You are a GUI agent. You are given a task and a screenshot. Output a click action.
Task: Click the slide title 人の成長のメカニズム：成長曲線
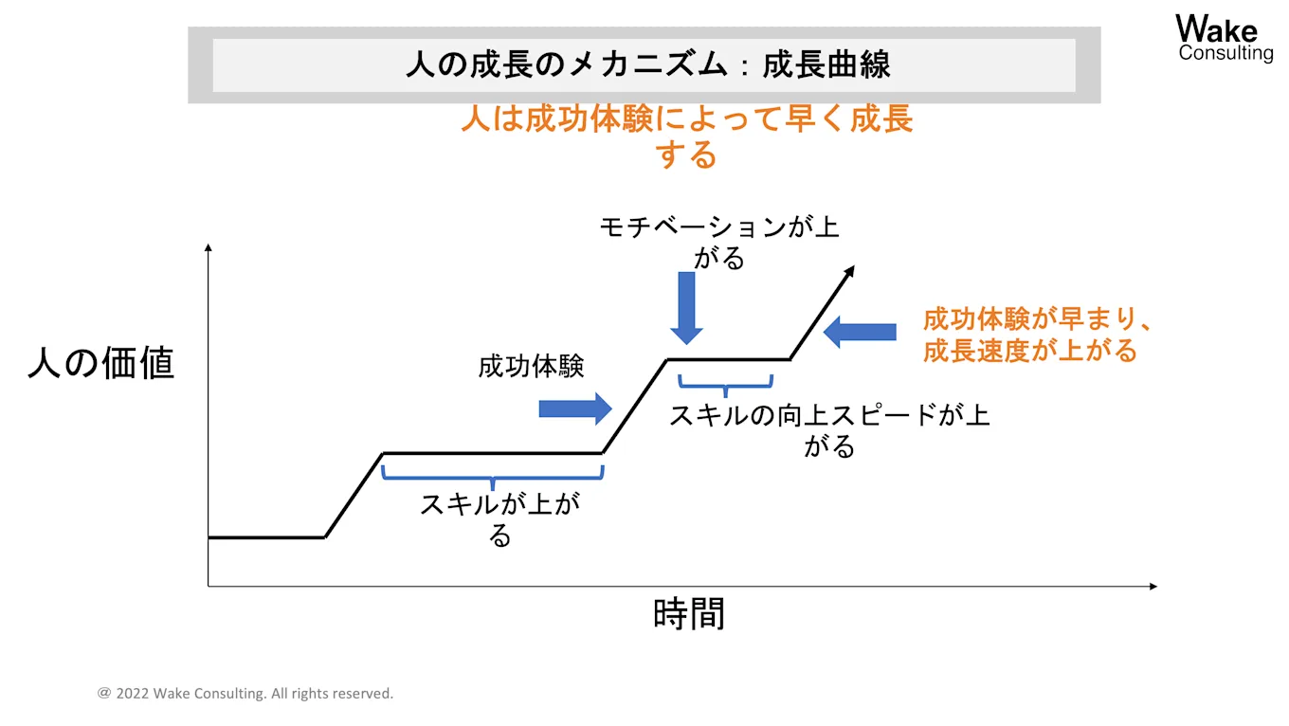[647, 65]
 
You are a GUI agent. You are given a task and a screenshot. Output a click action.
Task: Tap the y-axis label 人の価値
[101, 362]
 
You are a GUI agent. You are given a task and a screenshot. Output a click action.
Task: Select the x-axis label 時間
[689, 614]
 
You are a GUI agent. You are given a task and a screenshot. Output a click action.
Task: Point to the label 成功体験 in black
[531, 367]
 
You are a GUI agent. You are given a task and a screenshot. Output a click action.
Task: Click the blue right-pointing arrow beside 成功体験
[575, 408]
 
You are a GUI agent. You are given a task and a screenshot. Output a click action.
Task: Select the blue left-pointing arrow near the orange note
[860, 332]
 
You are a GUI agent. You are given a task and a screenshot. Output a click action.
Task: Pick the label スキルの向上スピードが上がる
[829, 429]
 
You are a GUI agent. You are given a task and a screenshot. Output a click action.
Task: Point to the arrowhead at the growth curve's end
[850, 271]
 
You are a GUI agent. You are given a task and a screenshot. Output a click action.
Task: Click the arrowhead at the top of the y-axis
[209, 248]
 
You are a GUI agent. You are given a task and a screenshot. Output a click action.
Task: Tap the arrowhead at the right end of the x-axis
[1153, 587]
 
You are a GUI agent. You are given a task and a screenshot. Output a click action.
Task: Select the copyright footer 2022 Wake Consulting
[245, 694]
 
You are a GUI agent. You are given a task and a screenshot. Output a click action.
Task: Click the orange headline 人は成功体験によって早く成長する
[686, 136]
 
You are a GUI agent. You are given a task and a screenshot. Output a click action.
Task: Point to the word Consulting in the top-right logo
[1225, 53]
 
